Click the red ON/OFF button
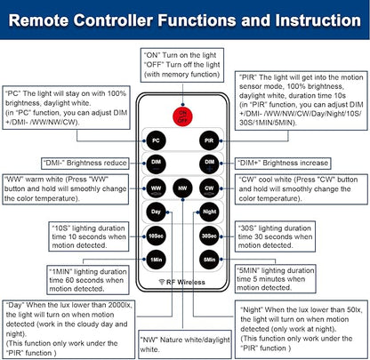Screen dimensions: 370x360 coord(182,116)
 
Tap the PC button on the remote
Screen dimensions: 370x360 coord(156,140)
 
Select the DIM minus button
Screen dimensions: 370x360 coord(156,164)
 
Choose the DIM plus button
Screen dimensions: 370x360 coord(209,164)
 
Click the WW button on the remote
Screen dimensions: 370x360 coord(156,188)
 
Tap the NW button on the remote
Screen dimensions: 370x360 coord(182,188)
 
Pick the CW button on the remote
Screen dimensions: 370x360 coord(209,188)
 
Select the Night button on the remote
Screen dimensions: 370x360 coord(209,212)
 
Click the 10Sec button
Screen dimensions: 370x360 coord(156,236)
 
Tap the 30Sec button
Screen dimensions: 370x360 coord(209,236)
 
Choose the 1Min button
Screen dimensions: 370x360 coord(156,260)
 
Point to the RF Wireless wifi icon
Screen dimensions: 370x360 coord(162,282)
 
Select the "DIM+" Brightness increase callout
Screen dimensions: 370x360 coord(283,163)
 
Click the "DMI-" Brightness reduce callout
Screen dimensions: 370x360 coord(85,163)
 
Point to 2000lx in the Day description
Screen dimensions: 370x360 coord(120,305)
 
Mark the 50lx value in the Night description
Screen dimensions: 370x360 coord(354,309)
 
